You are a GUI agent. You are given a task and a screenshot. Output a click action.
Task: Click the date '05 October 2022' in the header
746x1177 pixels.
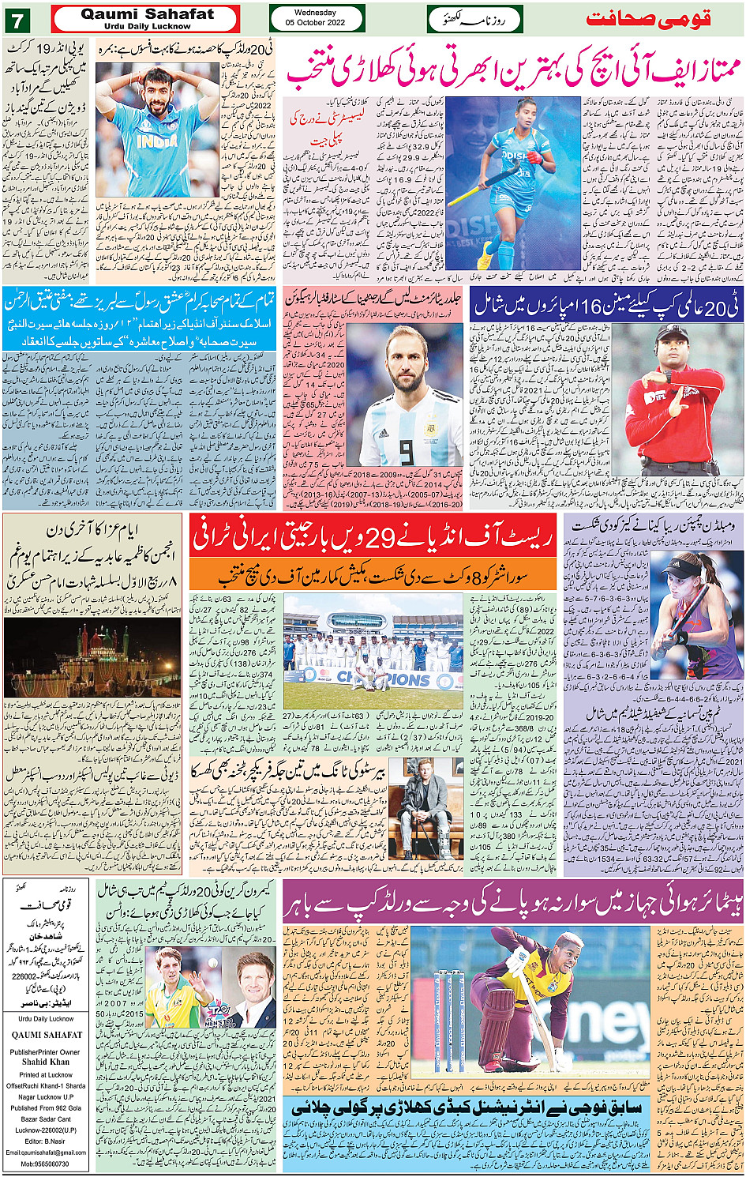point(315,23)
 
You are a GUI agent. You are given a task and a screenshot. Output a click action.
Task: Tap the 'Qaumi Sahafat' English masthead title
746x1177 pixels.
point(148,14)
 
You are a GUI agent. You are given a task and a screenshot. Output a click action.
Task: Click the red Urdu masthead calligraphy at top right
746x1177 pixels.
point(648,18)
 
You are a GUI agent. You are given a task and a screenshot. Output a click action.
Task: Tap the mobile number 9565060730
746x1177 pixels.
point(45,1164)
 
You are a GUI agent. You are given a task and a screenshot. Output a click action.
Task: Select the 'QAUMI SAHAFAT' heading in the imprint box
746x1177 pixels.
point(47,1035)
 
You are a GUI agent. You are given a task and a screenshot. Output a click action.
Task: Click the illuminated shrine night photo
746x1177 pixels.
point(92,657)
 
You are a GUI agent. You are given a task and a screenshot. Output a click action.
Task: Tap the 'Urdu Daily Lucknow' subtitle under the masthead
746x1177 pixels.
point(148,26)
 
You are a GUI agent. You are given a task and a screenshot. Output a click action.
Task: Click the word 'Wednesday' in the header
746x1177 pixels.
point(315,13)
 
